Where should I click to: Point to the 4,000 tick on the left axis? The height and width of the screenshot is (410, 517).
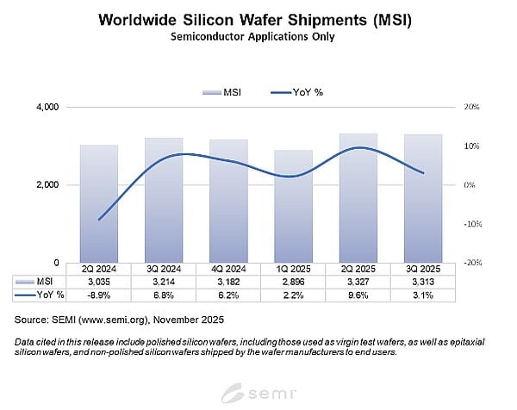click(45, 108)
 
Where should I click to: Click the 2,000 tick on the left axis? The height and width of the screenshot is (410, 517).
click(45, 185)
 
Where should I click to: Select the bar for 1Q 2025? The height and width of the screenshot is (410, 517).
click(292, 207)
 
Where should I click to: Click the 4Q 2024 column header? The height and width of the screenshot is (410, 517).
click(228, 269)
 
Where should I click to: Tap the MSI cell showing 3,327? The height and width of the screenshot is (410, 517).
click(357, 282)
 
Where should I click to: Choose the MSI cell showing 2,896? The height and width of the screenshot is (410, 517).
click(292, 282)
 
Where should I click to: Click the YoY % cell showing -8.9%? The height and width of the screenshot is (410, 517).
click(100, 295)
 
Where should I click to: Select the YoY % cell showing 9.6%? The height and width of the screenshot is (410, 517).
click(357, 295)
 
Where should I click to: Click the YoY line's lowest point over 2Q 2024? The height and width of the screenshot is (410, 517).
click(100, 220)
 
